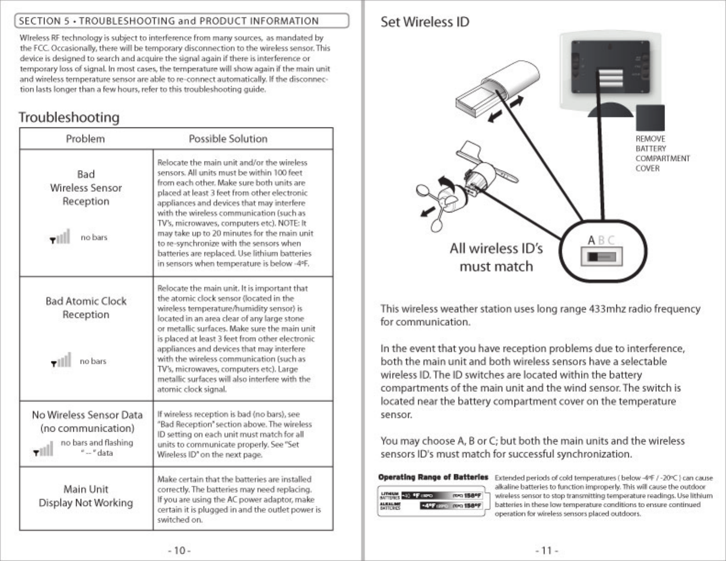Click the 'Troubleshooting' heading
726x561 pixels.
[69, 117]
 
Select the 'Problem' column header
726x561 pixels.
[85, 139]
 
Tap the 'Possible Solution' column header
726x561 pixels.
[228, 139]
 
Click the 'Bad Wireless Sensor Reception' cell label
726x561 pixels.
[86, 188]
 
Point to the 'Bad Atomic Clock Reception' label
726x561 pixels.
[86, 308]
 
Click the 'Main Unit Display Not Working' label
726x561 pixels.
[86, 496]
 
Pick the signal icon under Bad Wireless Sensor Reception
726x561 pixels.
[60, 236]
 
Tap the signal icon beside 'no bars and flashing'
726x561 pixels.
[44, 449]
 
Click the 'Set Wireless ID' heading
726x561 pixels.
[424, 22]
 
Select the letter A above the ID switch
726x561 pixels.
[591, 240]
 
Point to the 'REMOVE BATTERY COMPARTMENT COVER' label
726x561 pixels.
[662, 154]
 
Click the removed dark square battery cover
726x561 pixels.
[650, 118]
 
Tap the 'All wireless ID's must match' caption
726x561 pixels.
[496, 257]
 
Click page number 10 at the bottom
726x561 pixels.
[179, 550]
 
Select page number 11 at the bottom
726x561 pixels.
[546, 550]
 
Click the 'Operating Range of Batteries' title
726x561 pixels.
[433, 477]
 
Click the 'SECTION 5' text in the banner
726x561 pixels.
[44, 21]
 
